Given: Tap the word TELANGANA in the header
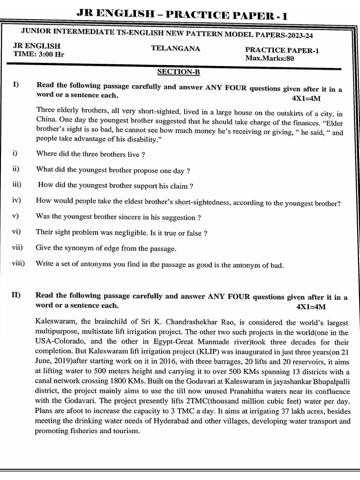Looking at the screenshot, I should (175, 48).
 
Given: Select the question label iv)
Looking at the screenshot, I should (17, 200).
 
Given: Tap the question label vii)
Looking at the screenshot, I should (18, 248).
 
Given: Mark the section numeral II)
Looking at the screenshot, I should (17, 296).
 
